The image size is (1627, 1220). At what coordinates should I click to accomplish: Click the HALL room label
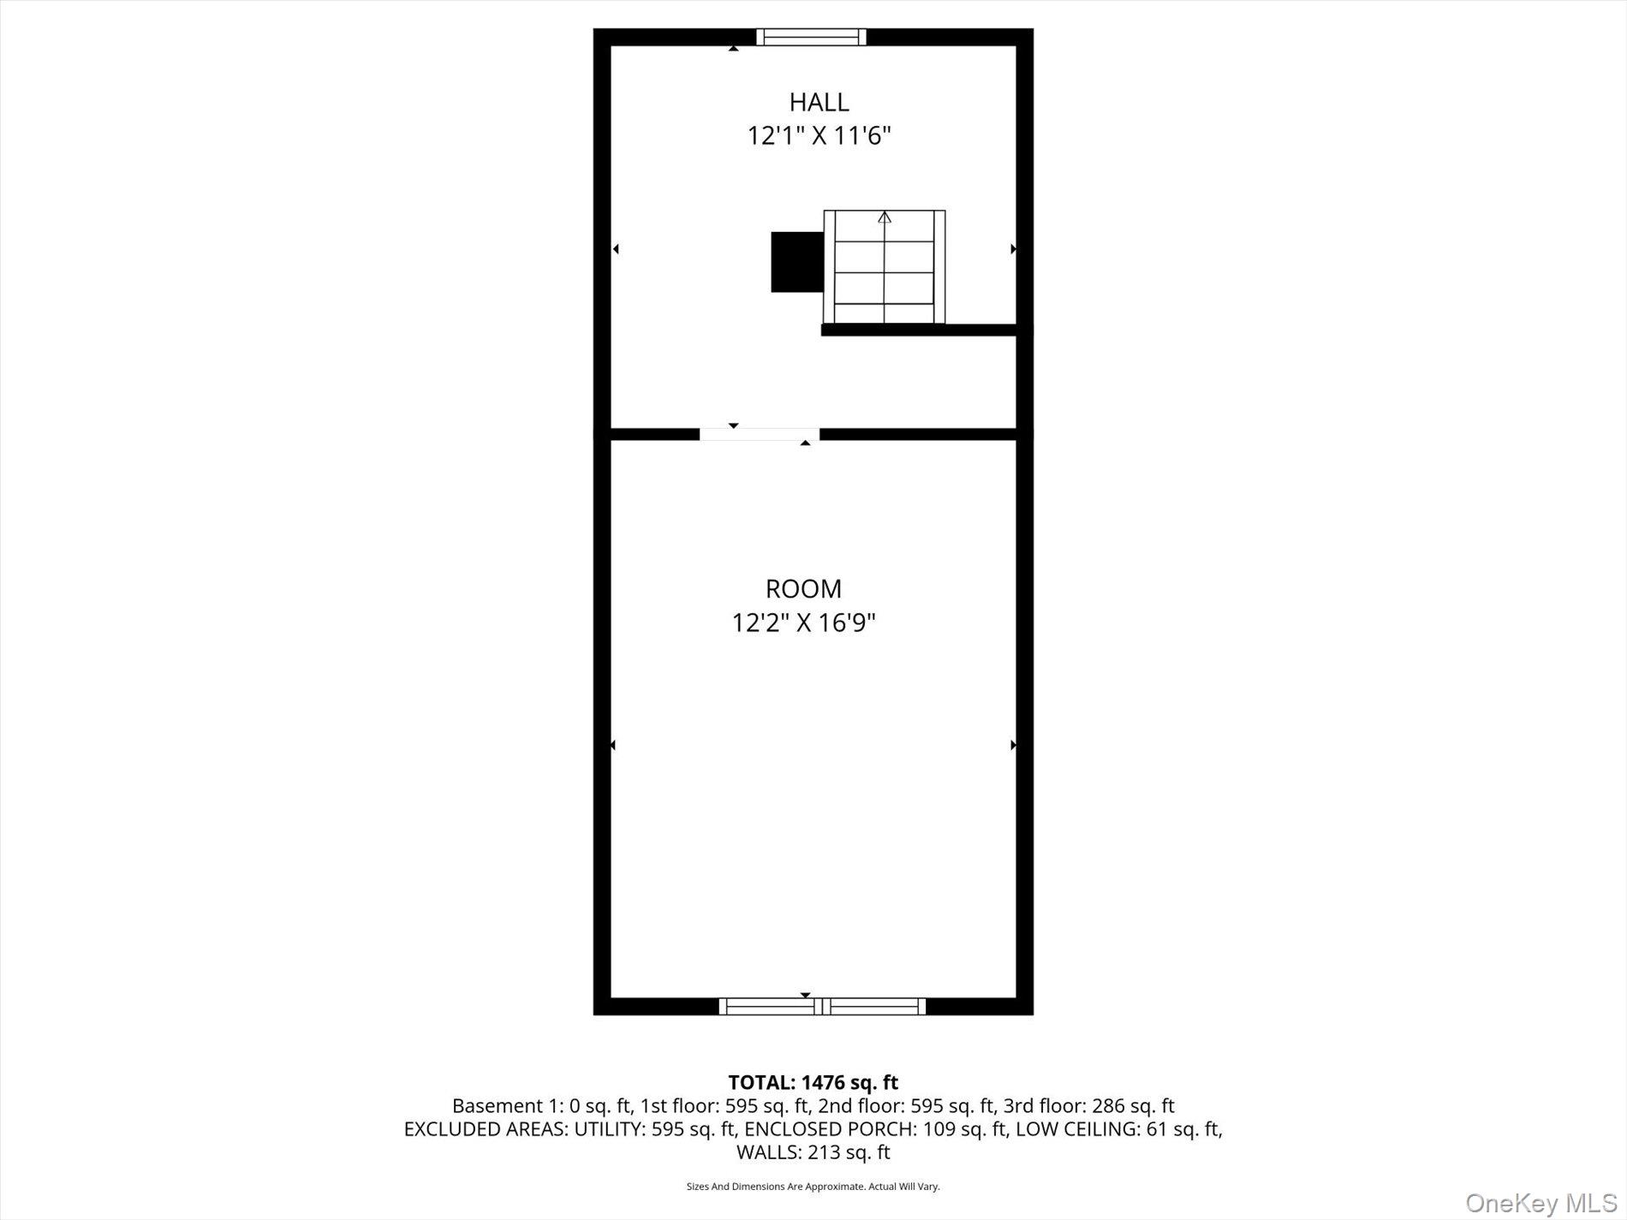tap(819, 102)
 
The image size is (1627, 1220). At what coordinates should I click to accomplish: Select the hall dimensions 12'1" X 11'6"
tap(819, 135)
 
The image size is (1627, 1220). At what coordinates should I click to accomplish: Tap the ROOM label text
tap(803, 589)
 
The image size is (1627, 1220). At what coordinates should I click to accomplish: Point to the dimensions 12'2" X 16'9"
tap(803, 622)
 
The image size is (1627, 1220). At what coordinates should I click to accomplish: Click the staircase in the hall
tap(884, 267)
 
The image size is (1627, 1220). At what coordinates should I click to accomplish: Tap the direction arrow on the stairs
tap(885, 218)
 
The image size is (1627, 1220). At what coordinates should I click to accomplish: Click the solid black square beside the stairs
tap(796, 262)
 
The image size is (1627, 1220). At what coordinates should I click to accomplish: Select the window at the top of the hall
tap(811, 37)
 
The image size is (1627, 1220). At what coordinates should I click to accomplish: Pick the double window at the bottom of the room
tap(822, 1006)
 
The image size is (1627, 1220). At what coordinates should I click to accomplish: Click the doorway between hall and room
tap(759, 434)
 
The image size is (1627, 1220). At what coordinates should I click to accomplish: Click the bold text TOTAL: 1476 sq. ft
tap(813, 1083)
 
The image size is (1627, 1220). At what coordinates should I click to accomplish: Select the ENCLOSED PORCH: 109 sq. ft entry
tap(875, 1129)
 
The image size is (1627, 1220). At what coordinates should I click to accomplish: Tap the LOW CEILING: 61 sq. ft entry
tap(1118, 1129)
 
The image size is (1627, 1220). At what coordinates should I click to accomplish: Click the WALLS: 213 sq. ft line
tap(813, 1152)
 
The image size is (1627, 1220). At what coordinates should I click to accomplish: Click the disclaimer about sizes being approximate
tap(813, 1187)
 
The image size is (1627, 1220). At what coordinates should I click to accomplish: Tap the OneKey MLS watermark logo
tap(1541, 1203)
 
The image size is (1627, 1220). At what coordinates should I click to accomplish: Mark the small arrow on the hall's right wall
tap(1013, 249)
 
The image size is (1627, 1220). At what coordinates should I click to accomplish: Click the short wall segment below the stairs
tap(918, 330)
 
